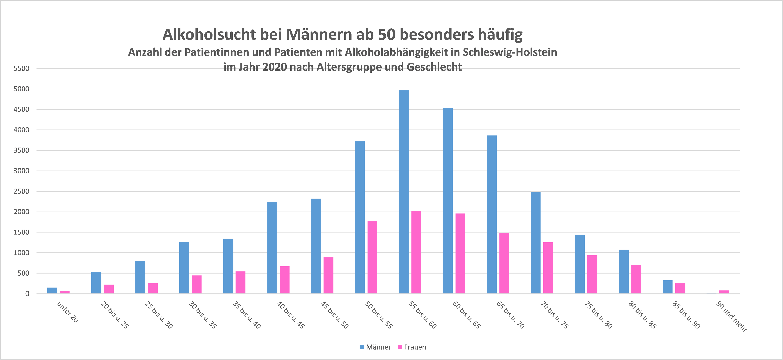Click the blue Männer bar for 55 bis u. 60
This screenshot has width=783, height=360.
click(x=404, y=192)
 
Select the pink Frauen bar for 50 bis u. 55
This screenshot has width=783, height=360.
click(x=372, y=257)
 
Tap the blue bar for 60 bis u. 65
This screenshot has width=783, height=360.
click(x=448, y=201)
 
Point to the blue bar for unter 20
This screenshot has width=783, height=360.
click(x=52, y=290)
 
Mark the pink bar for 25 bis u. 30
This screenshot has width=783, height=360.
click(x=153, y=288)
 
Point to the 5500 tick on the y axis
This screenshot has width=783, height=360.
click(x=21, y=68)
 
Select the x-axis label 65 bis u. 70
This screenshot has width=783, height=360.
click(x=510, y=315)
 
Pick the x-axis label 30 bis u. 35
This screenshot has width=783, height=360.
click(x=202, y=315)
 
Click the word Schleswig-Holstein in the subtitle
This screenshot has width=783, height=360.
click(x=510, y=52)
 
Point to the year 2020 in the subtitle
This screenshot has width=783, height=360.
click(x=274, y=67)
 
